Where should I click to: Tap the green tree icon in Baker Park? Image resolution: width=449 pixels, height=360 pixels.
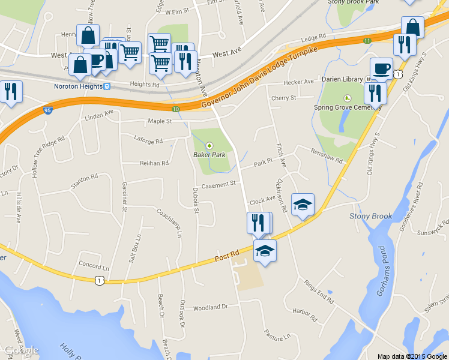click(x=209, y=145)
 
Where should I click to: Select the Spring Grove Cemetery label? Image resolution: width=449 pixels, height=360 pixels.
click(x=348, y=107)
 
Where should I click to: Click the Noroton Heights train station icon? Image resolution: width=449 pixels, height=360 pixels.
click(x=106, y=86)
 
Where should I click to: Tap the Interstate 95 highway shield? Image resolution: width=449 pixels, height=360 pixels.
click(x=47, y=110)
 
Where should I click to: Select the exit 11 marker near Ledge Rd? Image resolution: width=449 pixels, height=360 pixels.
click(x=367, y=40)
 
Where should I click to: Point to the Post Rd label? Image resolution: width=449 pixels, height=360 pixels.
click(x=227, y=256)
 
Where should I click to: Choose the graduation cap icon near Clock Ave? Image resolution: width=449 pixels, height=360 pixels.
click(x=303, y=204)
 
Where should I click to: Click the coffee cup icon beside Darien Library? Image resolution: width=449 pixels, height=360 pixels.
click(x=381, y=68)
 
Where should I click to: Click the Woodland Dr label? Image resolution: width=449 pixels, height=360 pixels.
click(x=211, y=307)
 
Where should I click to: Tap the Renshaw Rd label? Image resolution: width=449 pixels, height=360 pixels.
click(x=327, y=157)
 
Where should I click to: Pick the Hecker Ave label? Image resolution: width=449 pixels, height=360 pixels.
click(x=299, y=82)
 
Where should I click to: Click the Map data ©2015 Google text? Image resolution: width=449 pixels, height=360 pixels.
click(x=412, y=356)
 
